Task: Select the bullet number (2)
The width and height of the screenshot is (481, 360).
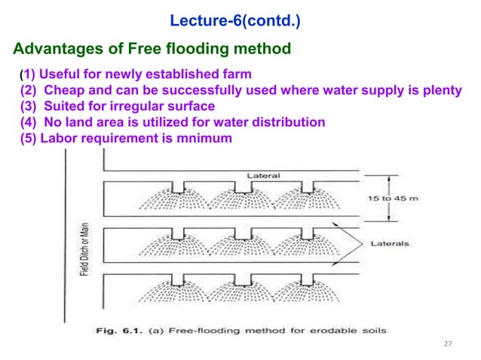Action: point(28,90)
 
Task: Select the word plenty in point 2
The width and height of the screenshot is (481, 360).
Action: point(441,90)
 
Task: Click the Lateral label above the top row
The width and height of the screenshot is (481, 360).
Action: point(263,176)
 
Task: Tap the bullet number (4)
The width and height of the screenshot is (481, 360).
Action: point(28,122)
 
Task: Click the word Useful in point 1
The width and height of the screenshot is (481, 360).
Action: point(58,75)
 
